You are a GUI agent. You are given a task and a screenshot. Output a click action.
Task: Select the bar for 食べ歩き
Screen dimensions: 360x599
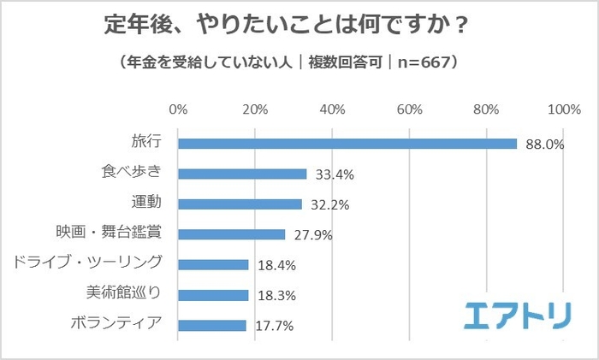(242, 174)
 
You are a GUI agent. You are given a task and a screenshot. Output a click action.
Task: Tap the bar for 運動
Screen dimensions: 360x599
(240, 204)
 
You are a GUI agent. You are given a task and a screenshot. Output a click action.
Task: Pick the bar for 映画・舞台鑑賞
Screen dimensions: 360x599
(232, 234)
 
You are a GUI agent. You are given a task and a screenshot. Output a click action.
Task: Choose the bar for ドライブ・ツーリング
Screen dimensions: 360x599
(213, 265)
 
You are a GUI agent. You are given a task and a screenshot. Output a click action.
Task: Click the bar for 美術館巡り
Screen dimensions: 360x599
(213, 295)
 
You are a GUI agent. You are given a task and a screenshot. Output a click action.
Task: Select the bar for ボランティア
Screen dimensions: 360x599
(212, 325)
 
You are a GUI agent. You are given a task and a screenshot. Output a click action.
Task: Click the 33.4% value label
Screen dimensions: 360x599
(332, 174)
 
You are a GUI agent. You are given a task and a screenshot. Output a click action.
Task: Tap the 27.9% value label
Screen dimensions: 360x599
(311, 235)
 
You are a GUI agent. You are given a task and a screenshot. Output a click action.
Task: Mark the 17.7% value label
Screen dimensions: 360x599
(271, 326)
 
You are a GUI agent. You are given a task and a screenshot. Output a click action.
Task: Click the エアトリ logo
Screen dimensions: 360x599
(519, 316)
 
